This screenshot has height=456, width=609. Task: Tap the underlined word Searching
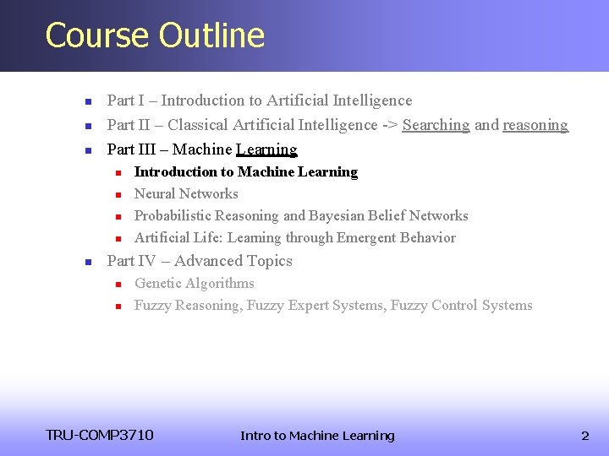pyautogui.click(x=436, y=125)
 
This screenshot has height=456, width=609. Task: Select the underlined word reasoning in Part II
pyautogui.click(x=535, y=125)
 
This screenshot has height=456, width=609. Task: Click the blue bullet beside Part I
pyautogui.click(x=87, y=101)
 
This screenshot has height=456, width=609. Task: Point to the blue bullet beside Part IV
pyautogui.click(x=87, y=262)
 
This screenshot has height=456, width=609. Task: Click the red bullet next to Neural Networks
pyautogui.click(x=119, y=194)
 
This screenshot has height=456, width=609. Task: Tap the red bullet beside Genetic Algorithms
pyautogui.click(x=119, y=284)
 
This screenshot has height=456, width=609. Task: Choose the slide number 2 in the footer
pyautogui.click(x=584, y=436)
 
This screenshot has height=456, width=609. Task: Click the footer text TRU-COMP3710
pyautogui.click(x=100, y=435)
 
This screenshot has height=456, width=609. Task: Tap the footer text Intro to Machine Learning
pyautogui.click(x=317, y=436)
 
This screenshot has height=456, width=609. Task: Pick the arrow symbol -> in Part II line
pyautogui.click(x=390, y=125)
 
